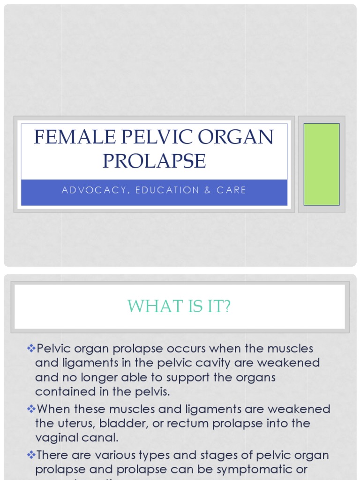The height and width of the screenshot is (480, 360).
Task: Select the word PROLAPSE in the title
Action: (x=154, y=161)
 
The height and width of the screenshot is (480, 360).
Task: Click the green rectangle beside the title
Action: (x=322, y=164)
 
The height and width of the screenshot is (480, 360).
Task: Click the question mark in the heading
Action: (x=227, y=307)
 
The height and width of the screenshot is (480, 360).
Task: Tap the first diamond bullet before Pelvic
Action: (x=31, y=348)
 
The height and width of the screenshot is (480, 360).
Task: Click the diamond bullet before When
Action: (x=31, y=409)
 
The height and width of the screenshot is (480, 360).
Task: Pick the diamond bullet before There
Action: (x=31, y=455)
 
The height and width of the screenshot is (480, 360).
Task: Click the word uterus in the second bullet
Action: (x=74, y=424)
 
